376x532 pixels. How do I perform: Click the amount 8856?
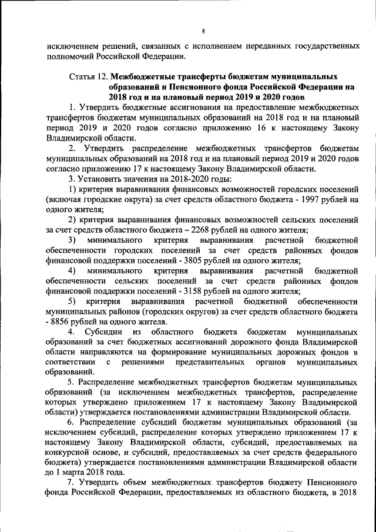click(x=62, y=322)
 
